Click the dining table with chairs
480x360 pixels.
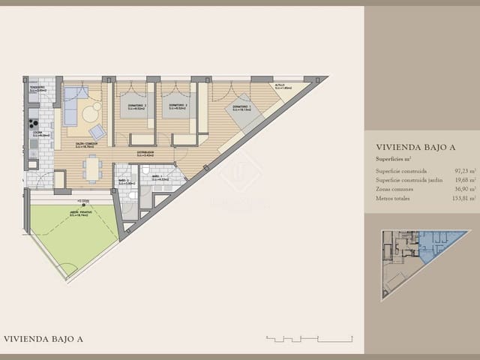click(93, 167)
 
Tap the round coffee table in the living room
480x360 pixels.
click(91, 113)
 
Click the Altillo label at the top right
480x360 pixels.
click(278, 87)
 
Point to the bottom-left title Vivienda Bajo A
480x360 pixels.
click(43, 339)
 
